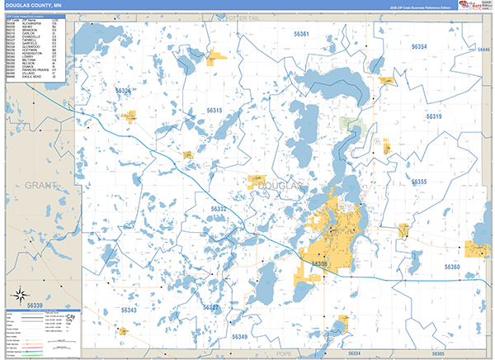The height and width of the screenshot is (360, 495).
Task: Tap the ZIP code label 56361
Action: (299, 34)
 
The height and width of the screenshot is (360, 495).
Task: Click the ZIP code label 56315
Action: (214, 110)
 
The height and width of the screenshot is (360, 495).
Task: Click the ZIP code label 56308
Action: (319, 264)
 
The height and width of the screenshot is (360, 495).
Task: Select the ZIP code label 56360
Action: (451, 267)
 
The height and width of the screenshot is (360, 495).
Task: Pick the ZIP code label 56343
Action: (130, 310)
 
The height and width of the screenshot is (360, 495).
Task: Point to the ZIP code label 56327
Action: (212, 307)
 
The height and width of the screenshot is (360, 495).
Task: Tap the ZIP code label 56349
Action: (239, 337)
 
